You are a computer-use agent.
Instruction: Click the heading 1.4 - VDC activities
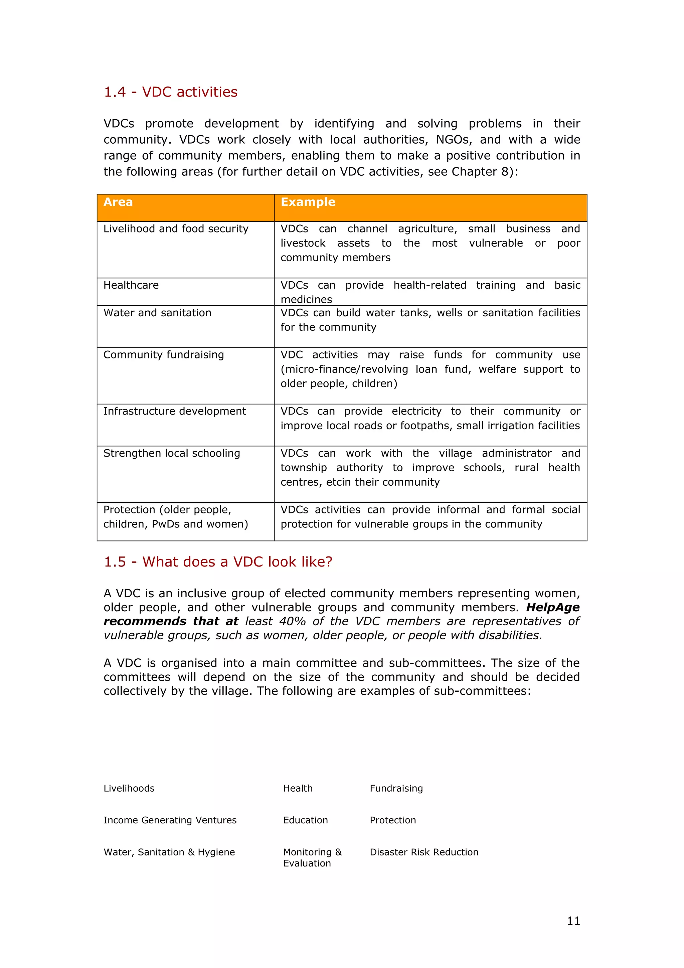(170, 92)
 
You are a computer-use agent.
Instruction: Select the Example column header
(308, 202)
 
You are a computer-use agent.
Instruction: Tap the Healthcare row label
(131, 286)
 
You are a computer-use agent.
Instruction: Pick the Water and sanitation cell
(157, 313)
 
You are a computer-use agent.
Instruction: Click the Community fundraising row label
(164, 355)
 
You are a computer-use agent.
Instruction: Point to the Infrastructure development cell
(174, 412)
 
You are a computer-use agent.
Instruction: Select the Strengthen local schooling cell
(172, 454)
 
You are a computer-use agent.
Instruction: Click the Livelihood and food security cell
(176, 229)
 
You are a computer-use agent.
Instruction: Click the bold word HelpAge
(552, 608)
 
